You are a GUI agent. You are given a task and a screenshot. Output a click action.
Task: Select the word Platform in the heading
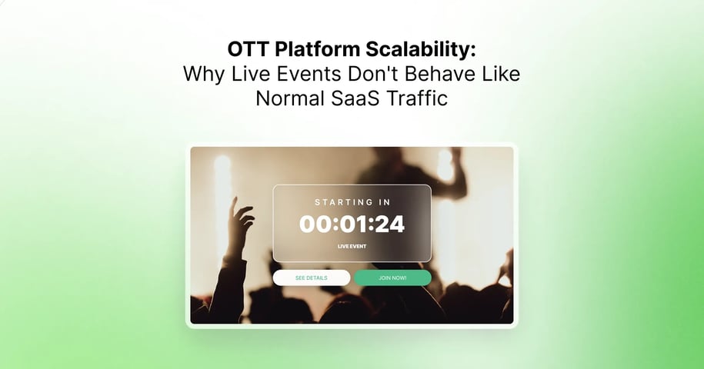[x=318, y=49]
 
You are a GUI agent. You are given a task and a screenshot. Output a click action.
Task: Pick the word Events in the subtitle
[x=312, y=75]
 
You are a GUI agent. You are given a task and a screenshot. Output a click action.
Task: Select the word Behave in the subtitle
[x=442, y=75]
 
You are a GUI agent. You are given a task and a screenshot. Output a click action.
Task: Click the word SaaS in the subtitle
[x=358, y=99]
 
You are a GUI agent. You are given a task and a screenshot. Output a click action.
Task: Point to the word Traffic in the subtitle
[x=419, y=99]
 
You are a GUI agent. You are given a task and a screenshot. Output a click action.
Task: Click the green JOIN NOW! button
[x=392, y=278]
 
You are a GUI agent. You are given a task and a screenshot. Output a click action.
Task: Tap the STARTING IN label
[x=352, y=202]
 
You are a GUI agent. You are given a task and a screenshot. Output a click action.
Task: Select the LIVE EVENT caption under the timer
[x=352, y=247]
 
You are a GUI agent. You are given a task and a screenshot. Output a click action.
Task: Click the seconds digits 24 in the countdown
[x=390, y=224]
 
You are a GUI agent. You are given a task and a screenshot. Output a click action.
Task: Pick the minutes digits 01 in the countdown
[x=352, y=224]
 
